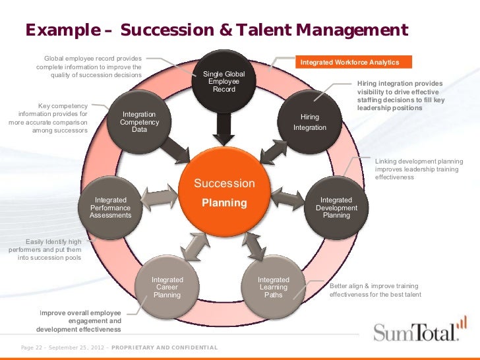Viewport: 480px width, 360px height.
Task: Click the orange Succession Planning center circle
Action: click(x=224, y=191)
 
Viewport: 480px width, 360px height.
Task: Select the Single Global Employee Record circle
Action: click(x=224, y=82)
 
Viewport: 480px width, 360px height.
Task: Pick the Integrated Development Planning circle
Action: click(x=336, y=207)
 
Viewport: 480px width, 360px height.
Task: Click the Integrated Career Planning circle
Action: click(x=167, y=287)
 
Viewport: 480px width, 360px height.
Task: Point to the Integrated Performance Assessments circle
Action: click(x=111, y=207)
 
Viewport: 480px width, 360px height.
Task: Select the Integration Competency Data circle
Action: click(x=139, y=121)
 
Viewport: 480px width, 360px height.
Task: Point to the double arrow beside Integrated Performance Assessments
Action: click(x=159, y=197)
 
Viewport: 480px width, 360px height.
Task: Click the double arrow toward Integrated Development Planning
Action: click(x=290, y=197)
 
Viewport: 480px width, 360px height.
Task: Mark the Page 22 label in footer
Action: click(x=36, y=347)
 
